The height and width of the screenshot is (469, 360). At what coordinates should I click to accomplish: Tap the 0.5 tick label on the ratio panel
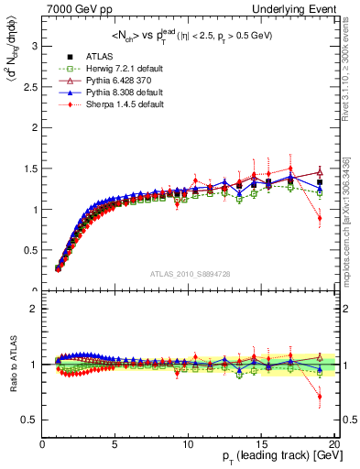point(30,420)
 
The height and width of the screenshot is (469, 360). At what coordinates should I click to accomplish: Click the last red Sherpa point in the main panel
point(320,218)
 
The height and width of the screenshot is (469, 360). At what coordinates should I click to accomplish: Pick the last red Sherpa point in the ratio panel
point(320,397)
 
